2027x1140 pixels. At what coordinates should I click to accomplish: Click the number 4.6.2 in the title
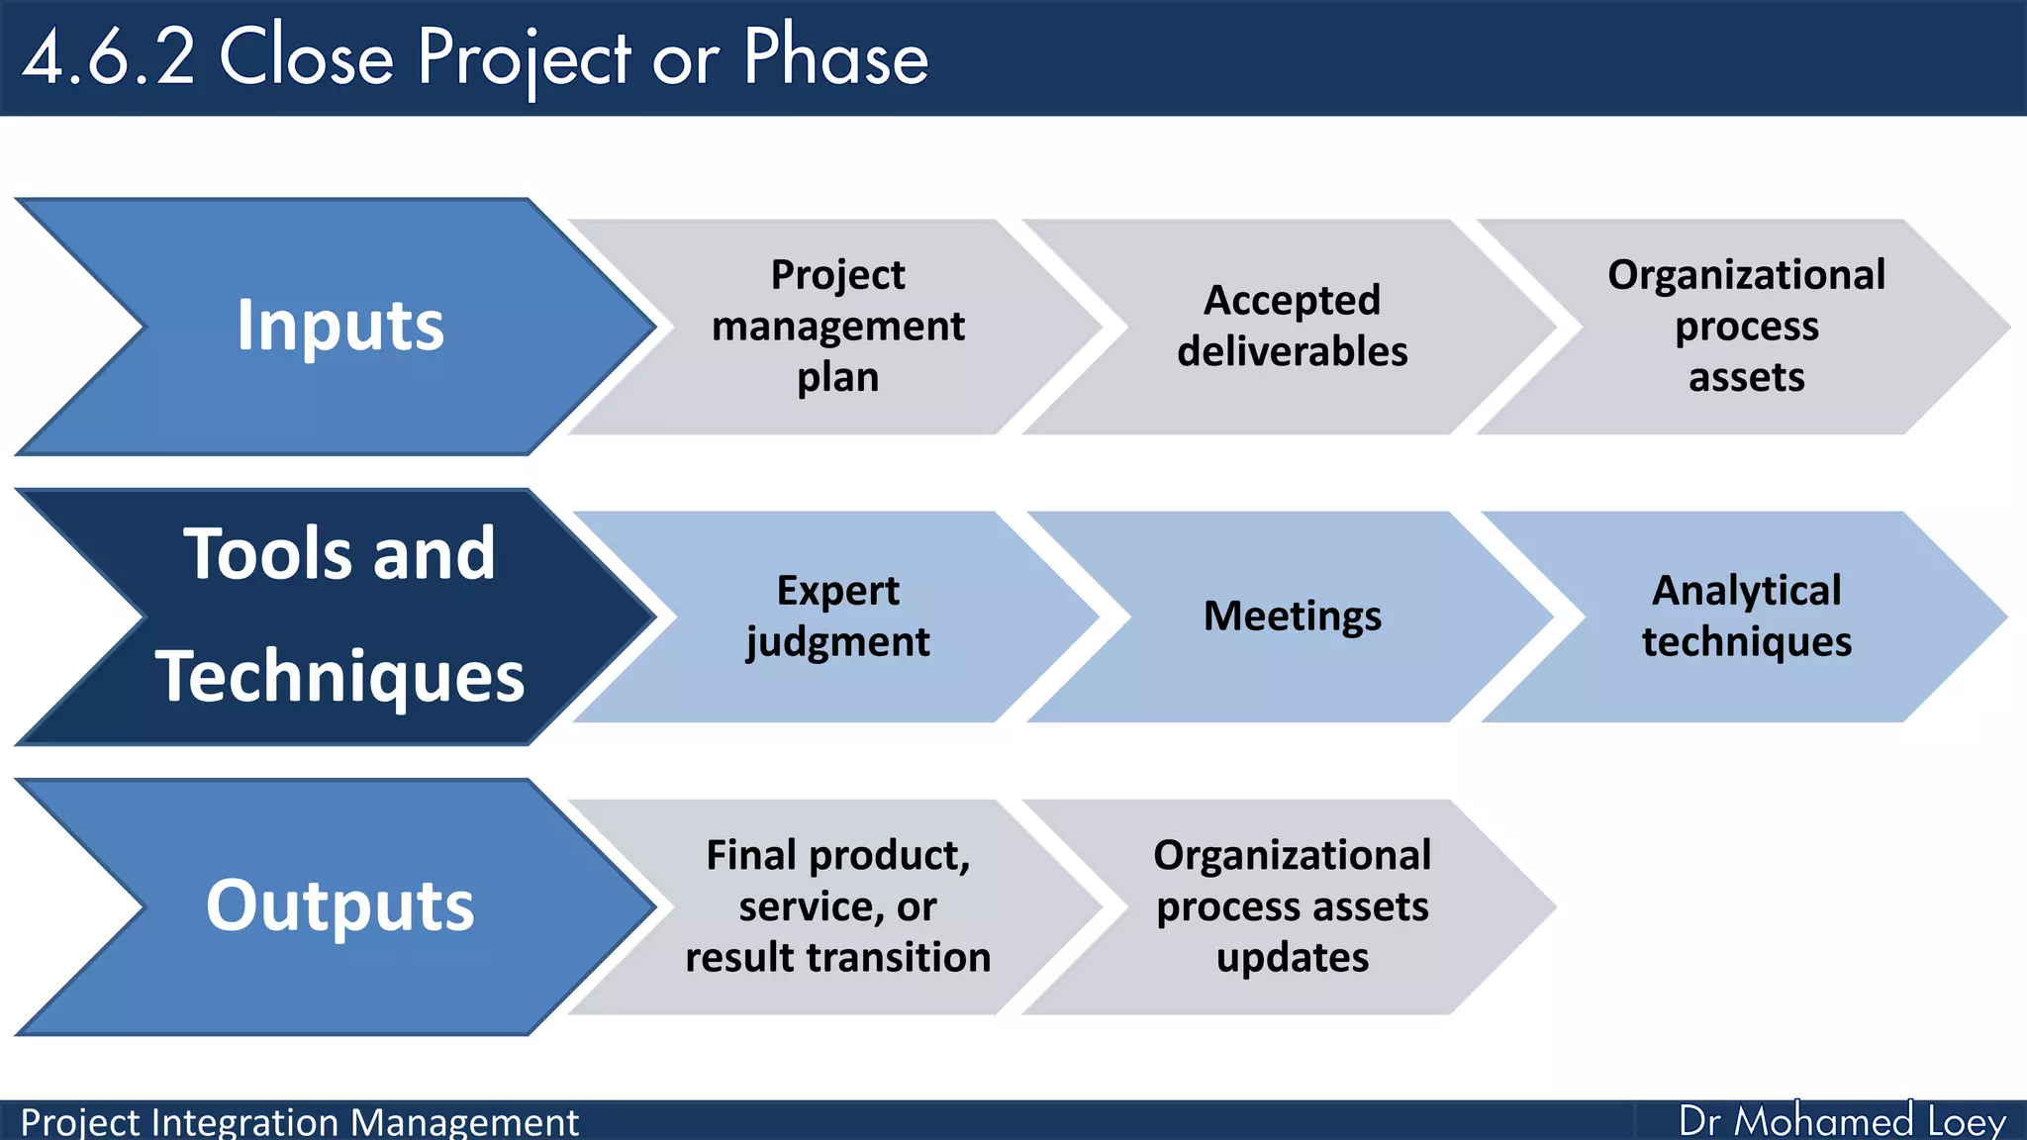pyautogui.click(x=109, y=57)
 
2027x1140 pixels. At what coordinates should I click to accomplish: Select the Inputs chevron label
pyautogui.click(x=339, y=326)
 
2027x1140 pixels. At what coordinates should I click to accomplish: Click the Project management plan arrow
pyautogui.click(x=837, y=326)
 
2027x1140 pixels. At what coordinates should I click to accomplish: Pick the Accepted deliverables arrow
pyautogui.click(x=1292, y=326)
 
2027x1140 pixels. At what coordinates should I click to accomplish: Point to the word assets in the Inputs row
pyautogui.click(x=1746, y=378)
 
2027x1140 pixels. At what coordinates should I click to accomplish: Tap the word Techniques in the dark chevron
pyautogui.click(x=339, y=677)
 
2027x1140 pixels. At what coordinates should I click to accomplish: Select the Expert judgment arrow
pyautogui.click(x=837, y=616)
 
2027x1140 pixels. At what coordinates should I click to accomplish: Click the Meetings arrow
pyautogui.click(x=1292, y=616)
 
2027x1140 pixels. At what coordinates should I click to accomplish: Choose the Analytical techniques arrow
pyautogui.click(x=1746, y=616)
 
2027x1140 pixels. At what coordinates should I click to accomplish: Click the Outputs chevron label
pyautogui.click(x=339, y=905)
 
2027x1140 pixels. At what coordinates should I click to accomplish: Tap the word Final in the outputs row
pyautogui.click(x=751, y=855)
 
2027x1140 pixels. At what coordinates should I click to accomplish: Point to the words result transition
pyautogui.click(x=837, y=958)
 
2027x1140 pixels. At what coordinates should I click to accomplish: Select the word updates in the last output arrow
pyautogui.click(x=1292, y=958)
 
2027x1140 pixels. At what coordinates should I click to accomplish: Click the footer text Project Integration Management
pyautogui.click(x=299, y=1122)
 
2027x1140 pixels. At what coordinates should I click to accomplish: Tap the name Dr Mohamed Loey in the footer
pyautogui.click(x=1841, y=1121)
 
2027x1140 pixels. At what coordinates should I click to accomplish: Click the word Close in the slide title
pyautogui.click(x=306, y=57)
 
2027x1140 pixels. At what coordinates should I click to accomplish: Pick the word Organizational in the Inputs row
pyautogui.click(x=1746, y=275)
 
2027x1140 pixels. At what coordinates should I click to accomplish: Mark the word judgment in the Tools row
pyautogui.click(x=837, y=642)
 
